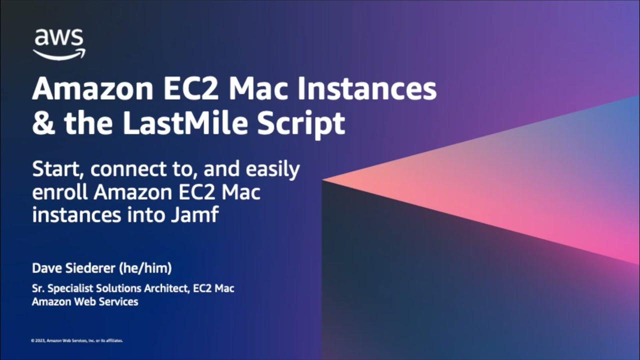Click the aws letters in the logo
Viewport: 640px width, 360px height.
pyautogui.click(x=59, y=38)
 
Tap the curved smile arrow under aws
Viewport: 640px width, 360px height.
pyautogui.click(x=59, y=54)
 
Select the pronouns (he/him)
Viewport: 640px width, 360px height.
pyautogui.click(x=145, y=268)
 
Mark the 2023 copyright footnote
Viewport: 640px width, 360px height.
pyautogui.click(x=77, y=340)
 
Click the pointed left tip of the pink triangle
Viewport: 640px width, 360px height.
pyautogui.click(x=324, y=179)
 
